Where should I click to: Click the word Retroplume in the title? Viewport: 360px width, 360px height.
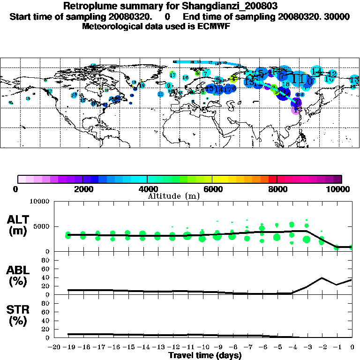coord(87,7)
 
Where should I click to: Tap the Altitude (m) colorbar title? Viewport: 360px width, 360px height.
coord(174,196)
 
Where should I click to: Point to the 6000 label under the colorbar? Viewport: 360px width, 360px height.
coord(212,189)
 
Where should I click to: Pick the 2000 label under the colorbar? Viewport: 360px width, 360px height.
coord(82,189)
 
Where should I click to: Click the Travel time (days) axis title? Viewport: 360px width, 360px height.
coord(205,356)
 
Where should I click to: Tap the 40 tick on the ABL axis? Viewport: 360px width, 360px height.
coord(46,277)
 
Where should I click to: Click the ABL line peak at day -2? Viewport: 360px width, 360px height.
coord(322,277)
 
